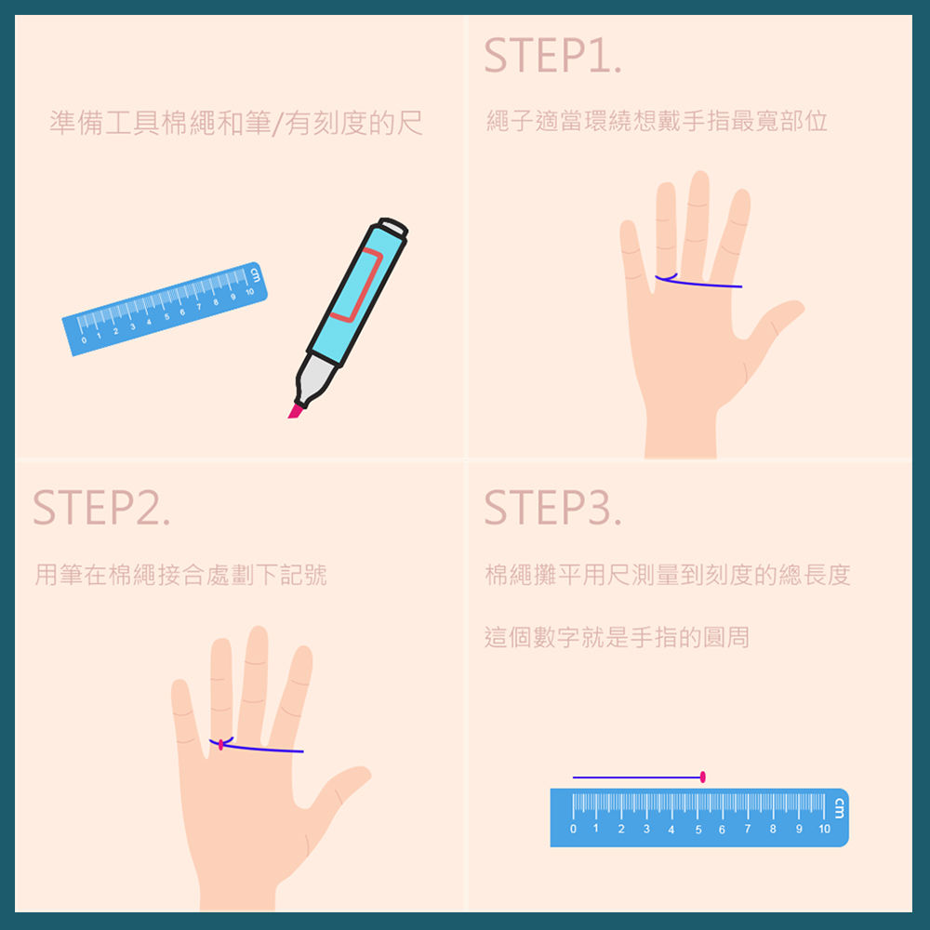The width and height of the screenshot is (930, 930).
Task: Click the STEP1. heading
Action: (x=552, y=56)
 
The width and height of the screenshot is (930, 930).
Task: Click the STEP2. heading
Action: (x=101, y=508)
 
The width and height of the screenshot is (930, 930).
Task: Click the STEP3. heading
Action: (x=552, y=508)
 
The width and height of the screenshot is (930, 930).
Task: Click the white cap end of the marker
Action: (x=393, y=227)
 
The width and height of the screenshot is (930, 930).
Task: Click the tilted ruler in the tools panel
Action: (x=165, y=309)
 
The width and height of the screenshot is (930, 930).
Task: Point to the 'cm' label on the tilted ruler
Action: (x=255, y=274)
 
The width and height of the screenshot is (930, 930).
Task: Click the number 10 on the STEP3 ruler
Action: (x=824, y=829)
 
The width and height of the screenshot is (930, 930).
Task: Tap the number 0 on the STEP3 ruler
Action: (x=573, y=829)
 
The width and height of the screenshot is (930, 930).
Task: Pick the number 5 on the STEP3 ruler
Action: (x=698, y=830)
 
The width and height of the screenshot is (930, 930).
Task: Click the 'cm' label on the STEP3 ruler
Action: (x=839, y=808)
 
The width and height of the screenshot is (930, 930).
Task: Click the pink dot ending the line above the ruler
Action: (x=703, y=777)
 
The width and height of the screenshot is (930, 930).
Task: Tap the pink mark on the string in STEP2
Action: (x=220, y=744)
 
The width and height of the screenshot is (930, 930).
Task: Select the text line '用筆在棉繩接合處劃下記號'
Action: (x=181, y=575)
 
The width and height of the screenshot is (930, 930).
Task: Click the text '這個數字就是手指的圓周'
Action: (x=617, y=638)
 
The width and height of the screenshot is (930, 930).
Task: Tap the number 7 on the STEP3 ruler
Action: (x=748, y=829)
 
